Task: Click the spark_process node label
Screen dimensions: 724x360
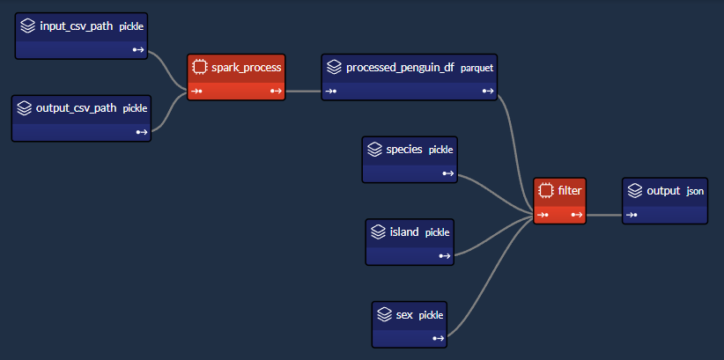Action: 246,68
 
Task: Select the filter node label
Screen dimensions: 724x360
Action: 569,190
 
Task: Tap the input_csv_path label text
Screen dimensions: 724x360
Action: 76,26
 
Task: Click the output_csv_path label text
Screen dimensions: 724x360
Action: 76,108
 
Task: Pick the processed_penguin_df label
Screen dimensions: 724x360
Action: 401,68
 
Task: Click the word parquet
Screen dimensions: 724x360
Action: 477,69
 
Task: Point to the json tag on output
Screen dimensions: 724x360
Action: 695,191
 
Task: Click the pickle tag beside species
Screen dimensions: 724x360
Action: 441,150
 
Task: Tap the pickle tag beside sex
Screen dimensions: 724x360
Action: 431,316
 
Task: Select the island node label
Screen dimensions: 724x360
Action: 404,232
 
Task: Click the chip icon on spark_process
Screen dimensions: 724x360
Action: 199,68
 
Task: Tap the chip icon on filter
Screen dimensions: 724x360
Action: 546,190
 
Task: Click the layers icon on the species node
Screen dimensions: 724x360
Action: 374,150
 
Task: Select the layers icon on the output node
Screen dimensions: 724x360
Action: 635,191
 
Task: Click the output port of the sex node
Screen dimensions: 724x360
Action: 439,338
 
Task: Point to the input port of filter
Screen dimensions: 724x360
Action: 543,215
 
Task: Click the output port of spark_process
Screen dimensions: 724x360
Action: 276,91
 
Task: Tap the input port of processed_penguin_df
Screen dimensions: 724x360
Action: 330,91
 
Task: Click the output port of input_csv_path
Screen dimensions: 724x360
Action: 138,50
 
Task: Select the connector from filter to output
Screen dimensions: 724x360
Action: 604,215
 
